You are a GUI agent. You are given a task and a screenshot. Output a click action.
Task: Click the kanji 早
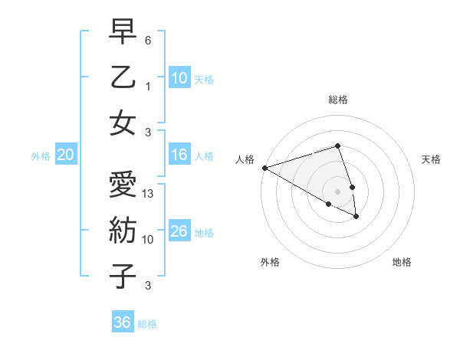click(123, 32)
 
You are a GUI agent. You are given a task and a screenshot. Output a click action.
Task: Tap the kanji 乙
click(123, 78)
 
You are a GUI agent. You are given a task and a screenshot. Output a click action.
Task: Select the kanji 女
click(123, 124)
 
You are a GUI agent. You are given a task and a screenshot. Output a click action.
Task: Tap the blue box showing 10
click(179, 77)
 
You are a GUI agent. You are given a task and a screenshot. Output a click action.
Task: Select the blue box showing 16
click(179, 155)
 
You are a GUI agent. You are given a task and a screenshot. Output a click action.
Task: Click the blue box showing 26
click(179, 231)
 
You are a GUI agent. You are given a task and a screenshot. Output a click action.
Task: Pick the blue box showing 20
click(65, 155)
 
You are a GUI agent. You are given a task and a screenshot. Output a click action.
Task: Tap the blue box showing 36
click(122, 322)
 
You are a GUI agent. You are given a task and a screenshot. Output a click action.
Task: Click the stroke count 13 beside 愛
click(149, 194)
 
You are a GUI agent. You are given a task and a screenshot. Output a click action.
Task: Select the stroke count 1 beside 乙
click(148, 87)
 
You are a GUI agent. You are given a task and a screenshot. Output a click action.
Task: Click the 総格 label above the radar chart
click(337, 100)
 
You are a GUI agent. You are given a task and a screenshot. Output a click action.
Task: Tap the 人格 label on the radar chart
click(245, 159)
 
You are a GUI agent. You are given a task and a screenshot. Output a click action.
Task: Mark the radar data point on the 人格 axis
click(264, 168)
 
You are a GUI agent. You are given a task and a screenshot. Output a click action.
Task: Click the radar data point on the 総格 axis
click(337, 146)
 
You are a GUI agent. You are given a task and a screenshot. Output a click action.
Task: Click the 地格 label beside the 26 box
click(204, 232)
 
